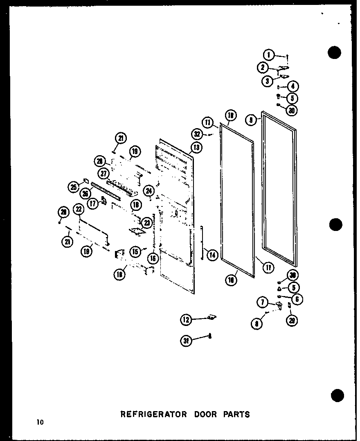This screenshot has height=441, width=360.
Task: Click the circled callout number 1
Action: pos(268,54)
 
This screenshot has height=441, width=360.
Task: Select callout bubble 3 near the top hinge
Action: pos(268,81)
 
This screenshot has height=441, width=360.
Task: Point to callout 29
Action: pos(292,321)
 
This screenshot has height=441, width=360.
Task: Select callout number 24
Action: pos(149,190)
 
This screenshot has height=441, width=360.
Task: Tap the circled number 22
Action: pos(79,210)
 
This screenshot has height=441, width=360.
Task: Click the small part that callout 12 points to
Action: pos(211,317)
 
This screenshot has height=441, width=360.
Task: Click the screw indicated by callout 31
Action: pos(210,336)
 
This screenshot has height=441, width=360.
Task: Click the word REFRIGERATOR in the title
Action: pos(153,414)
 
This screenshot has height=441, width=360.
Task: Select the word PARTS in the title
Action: pos(236,414)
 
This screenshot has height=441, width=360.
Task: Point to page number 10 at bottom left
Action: pos(39,422)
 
